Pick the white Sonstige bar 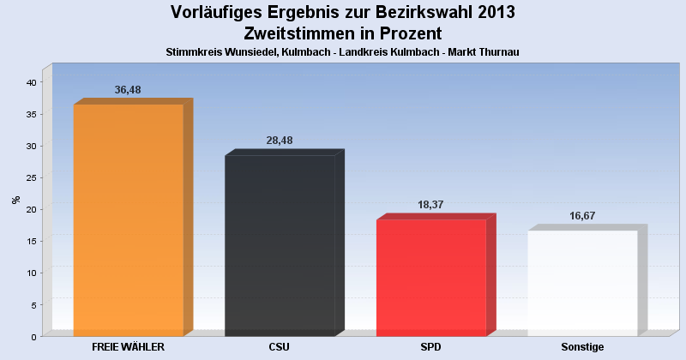[x=582, y=282]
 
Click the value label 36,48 [x=128, y=90]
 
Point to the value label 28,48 [x=280, y=141]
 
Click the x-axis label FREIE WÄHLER [x=128, y=347]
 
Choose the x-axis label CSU [x=280, y=347]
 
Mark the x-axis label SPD [x=430, y=347]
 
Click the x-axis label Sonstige [x=582, y=347]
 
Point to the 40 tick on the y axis [x=30, y=82]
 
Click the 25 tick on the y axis [x=30, y=177]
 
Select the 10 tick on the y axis [x=30, y=273]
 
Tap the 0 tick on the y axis [x=33, y=336]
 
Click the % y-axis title [x=15, y=200]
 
